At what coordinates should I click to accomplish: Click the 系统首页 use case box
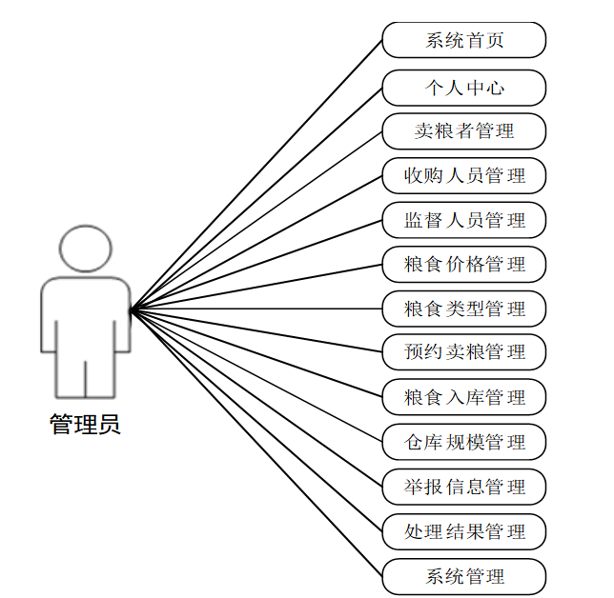click(464, 41)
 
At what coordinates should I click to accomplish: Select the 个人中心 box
click(464, 88)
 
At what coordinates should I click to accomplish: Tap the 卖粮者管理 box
click(464, 131)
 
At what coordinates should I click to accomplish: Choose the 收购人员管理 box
click(464, 175)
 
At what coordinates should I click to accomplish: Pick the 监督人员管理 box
click(464, 220)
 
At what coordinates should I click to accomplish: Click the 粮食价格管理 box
click(464, 264)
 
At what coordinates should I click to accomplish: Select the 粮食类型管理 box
click(464, 309)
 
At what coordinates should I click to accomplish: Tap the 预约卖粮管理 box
click(464, 352)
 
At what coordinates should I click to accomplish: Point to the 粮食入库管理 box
click(464, 397)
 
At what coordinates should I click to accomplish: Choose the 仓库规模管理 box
click(464, 442)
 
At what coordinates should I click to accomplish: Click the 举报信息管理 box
click(464, 487)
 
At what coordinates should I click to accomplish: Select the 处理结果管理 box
click(464, 531)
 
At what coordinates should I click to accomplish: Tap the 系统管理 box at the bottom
click(464, 576)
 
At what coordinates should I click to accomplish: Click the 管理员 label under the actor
click(85, 425)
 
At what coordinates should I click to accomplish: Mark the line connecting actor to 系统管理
click(257, 444)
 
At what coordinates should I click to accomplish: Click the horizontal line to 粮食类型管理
click(257, 309)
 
